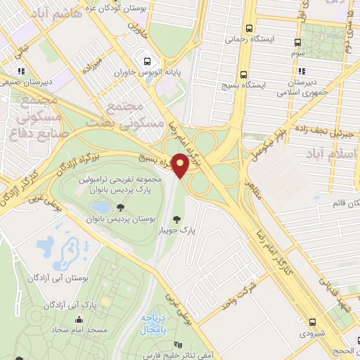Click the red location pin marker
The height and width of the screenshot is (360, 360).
click(180, 165)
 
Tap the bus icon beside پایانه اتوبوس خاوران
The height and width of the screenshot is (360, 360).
click(147, 61)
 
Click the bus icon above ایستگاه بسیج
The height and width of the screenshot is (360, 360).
click(244, 73)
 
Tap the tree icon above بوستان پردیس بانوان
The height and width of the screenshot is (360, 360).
click(121, 207)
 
